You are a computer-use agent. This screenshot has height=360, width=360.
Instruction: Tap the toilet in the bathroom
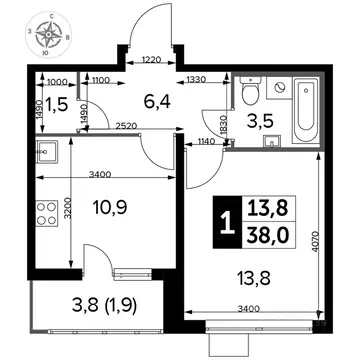click(251, 93)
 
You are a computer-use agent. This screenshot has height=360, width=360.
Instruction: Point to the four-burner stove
click(46, 213)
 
